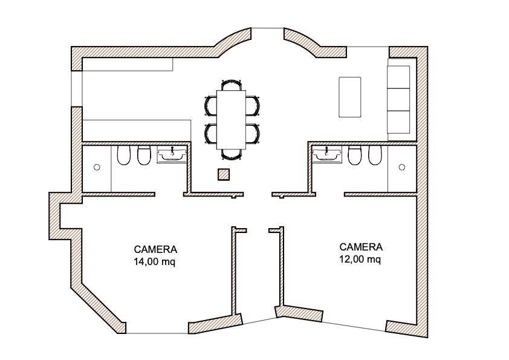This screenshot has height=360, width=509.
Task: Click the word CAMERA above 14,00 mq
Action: pos(155,249)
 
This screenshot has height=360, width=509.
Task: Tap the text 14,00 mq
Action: pos(155,262)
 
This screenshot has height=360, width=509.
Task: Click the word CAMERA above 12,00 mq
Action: pos(361,247)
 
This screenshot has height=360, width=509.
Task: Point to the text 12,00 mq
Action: pos(360,260)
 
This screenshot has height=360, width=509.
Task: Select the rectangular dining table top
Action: pos(232,119)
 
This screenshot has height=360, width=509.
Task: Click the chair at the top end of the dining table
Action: pos(232,85)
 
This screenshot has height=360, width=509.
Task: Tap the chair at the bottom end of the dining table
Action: pos(232,154)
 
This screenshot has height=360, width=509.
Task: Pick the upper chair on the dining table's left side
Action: pos(210,105)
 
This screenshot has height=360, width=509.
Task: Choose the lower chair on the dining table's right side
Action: pos(253,134)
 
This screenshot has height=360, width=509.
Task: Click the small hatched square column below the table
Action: pos(224,175)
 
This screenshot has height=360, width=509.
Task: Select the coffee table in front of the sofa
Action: pos(349,97)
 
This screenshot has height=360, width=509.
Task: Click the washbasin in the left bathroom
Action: pos(172,155)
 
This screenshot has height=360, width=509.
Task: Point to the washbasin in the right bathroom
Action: pos(328,155)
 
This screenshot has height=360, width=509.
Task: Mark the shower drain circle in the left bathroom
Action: pos(97,167)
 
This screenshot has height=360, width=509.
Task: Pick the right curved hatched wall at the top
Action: pos(302,42)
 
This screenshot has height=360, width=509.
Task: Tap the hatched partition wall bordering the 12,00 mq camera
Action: pos(280,272)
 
